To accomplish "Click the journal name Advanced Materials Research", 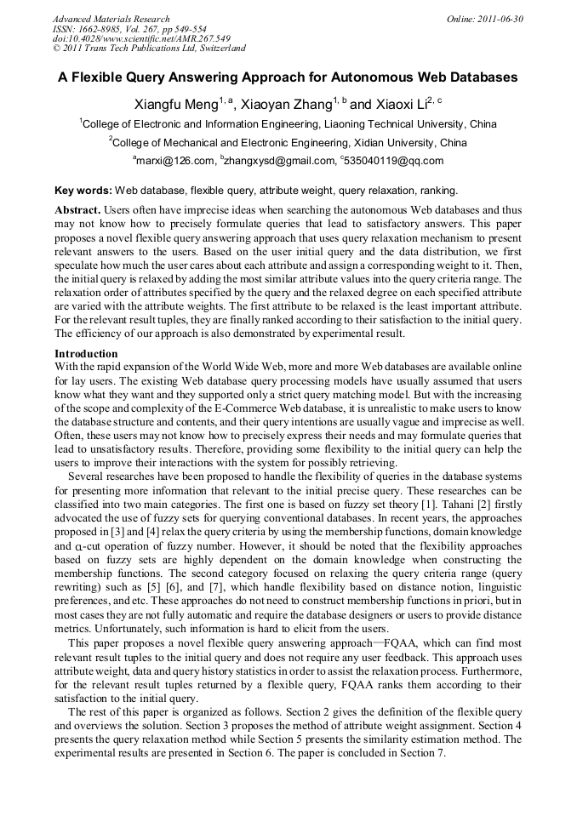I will (111, 19).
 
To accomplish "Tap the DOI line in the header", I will (141, 38).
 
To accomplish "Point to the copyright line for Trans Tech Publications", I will (149, 49).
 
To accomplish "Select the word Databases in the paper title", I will (479, 77).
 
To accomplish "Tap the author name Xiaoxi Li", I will (400, 105).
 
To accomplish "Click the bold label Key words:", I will (83, 191).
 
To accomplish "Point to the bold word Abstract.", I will (77, 209).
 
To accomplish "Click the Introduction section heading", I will (86, 353).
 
